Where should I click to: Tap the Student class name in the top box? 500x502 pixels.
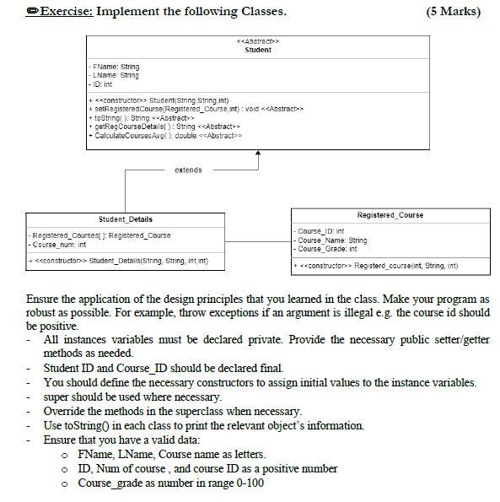257,50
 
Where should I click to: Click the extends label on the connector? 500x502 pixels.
188,170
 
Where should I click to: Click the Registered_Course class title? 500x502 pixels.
390,215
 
